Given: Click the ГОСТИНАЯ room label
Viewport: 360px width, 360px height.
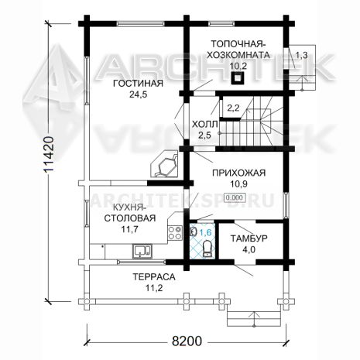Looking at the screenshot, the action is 138,84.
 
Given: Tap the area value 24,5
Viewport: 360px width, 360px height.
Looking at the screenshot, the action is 138,94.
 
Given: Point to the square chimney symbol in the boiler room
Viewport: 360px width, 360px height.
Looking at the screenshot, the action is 238,78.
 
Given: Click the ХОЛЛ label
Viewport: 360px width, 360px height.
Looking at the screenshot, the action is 204,125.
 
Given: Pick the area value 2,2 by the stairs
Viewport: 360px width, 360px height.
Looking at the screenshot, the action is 233,108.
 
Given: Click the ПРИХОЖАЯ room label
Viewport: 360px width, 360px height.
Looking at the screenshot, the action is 238,173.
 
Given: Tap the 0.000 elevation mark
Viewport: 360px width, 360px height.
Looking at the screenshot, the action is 235,197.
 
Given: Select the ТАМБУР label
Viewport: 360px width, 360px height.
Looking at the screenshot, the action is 249,238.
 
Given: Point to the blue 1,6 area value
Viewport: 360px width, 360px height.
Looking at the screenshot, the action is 206,232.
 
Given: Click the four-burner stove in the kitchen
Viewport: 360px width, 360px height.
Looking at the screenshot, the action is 175,233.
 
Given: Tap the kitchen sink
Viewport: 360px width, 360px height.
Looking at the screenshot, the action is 142,252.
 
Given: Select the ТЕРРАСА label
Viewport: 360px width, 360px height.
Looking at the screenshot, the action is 154,277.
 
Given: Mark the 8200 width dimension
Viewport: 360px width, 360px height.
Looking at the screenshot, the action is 187,341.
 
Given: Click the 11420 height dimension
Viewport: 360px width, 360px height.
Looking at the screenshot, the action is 49,154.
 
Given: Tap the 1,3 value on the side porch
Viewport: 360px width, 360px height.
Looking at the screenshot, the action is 301,55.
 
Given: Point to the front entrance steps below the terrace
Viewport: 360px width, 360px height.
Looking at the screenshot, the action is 254,319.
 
